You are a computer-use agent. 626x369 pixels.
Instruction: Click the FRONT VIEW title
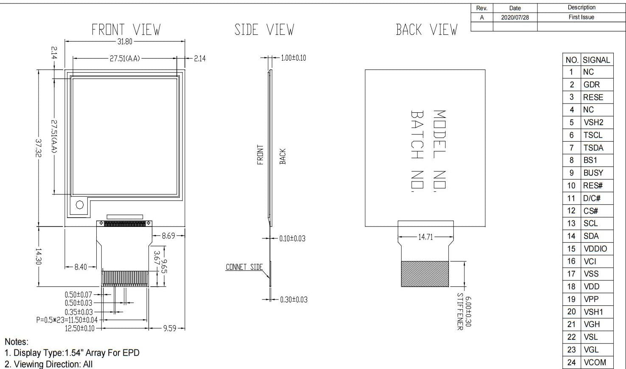tap(126, 30)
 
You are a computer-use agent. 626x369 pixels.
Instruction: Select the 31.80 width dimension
tap(125, 42)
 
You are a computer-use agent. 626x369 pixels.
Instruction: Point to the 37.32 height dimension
tap(39, 148)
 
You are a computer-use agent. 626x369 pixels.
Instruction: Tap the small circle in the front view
tap(80, 205)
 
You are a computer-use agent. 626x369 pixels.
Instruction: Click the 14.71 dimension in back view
tap(425, 237)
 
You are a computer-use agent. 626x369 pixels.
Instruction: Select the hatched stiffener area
tap(425, 274)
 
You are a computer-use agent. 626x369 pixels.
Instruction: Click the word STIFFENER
tap(460, 311)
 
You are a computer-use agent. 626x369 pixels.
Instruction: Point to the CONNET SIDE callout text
tap(244, 267)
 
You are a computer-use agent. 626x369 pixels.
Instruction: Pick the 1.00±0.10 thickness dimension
tap(293, 58)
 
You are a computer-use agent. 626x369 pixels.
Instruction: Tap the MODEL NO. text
tap(439, 151)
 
